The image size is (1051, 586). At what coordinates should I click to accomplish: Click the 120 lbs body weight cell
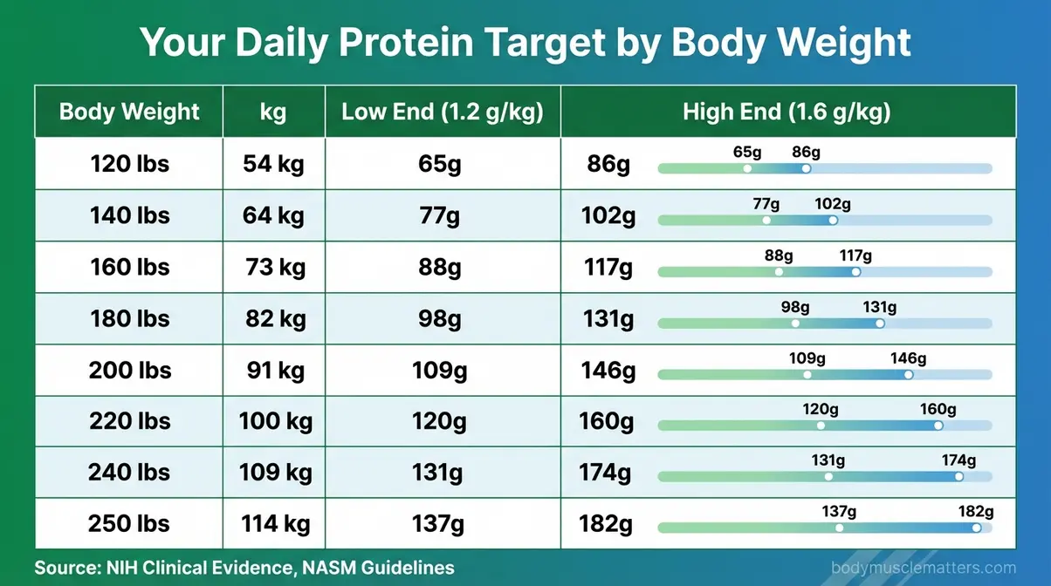pyautogui.click(x=129, y=163)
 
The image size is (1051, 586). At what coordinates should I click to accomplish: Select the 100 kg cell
pyautogui.click(x=275, y=421)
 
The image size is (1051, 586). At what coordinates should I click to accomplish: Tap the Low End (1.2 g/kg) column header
pyautogui.click(x=442, y=112)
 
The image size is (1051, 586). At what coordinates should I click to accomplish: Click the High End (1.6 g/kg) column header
pyautogui.click(x=787, y=112)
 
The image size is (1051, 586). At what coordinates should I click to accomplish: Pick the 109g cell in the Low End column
pyautogui.click(x=440, y=370)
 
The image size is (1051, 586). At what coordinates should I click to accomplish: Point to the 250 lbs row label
pyautogui.click(x=129, y=524)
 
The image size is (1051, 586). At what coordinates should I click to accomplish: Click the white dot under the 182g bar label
pyautogui.click(x=976, y=528)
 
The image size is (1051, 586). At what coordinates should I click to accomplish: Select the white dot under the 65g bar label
pyautogui.click(x=747, y=168)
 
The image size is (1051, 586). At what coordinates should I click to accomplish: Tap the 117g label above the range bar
pyautogui.click(x=855, y=256)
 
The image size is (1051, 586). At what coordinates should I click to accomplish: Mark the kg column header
pyautogui.click(x=273, y=112)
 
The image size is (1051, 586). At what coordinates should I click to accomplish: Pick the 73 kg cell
pyautogui.click(x=275, y=267)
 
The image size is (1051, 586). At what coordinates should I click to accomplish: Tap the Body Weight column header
pyautogui.click(x=129, y=112)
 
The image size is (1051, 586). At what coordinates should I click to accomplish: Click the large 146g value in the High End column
pyautogui.click(x=607, y=370)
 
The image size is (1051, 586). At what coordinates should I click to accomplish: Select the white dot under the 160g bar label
pyautogui.click(x=938, y=426)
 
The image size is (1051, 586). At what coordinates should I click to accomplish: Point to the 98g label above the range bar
pyautogui.click(x=795, y=307)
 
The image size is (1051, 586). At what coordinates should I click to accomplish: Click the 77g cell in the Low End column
pyautogui.click(x=440, y=215)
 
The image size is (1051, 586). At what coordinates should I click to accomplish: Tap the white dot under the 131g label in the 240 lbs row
pyautogui.click(x=828, y=476)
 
